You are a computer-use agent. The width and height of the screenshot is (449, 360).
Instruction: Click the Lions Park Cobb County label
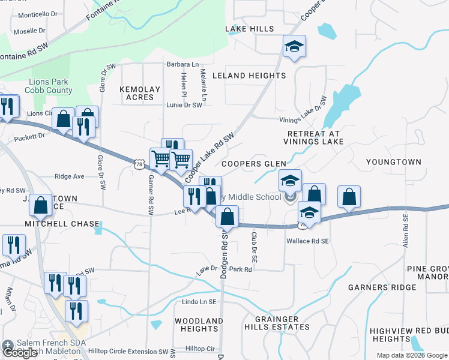[49, 86]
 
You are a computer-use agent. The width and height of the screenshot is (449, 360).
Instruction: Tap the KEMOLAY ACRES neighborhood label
[140, 93]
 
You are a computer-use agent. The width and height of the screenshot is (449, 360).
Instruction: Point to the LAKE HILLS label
[249, 29]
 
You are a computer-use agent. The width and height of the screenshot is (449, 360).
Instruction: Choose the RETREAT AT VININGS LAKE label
[315, 137]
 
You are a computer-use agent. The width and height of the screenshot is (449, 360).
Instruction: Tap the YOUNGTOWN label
[394, 162]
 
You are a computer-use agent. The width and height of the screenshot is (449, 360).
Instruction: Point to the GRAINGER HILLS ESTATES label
[277, 323]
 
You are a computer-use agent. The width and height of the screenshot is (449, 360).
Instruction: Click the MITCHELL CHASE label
[62, 224]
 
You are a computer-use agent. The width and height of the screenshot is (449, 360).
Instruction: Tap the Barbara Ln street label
[183, 64]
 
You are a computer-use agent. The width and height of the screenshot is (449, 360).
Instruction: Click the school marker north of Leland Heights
[294, 46]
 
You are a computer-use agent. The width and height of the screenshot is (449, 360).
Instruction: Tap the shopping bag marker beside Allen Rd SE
[349, 196]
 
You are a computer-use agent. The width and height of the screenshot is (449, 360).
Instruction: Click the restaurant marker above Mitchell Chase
[13, 244]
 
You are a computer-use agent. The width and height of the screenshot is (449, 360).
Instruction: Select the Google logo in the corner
[21, 352]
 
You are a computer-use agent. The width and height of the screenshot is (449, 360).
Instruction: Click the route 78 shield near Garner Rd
[139, 163]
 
